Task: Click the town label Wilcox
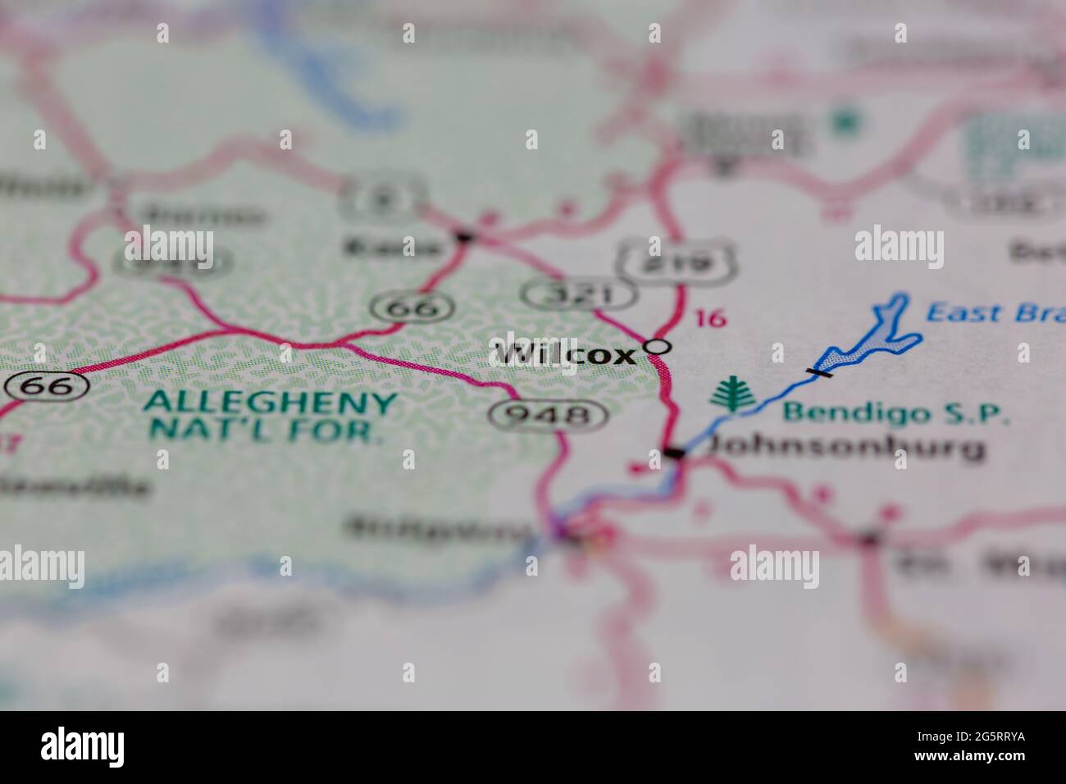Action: click(565, 354)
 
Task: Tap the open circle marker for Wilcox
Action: click(656, 347)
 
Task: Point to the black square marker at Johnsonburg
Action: click(674, 453)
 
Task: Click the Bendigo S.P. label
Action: click(895, 413)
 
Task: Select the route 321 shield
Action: click(581, 294)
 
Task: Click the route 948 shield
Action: click(548, 415)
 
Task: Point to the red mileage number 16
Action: click(711, 318)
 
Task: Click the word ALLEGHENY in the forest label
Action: click(270, 403)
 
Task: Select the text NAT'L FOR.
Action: click(266, 430)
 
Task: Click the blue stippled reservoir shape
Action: click(869, 340)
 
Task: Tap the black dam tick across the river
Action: click(818, 372)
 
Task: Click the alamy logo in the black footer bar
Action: click(83, 747)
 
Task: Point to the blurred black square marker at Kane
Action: click(465, 237)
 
